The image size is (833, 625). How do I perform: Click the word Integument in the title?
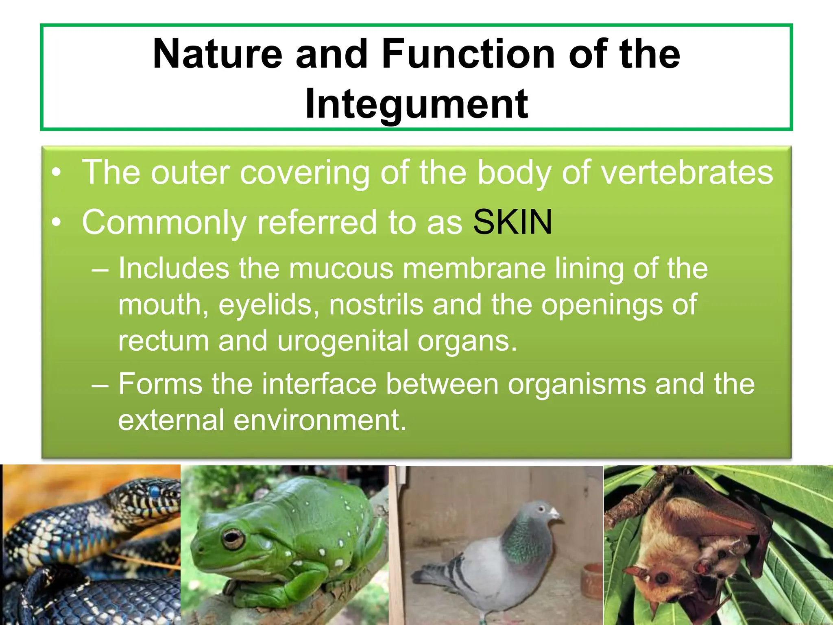(x=416, y=104)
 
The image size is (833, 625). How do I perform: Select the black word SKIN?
(x=512, y=222)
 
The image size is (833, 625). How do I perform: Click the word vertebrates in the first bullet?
(x=687, y=173)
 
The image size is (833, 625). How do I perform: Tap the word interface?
(x=319, y=384)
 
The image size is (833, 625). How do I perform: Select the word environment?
(x=320, y=420)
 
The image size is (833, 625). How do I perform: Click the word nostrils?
(x=376, y=305)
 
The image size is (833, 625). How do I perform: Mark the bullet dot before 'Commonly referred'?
(x=57, y=223)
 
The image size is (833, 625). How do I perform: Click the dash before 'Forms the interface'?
(x=100, y=385)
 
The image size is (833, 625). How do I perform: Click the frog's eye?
(x=233, y=538)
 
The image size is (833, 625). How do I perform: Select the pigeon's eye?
(x=541, y=509)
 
